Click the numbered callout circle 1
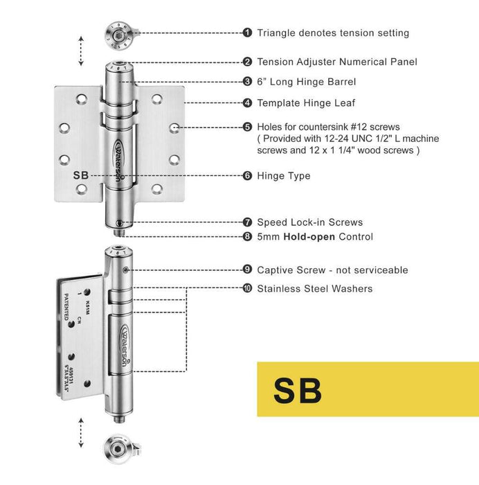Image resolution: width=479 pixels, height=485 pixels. click(247, 33)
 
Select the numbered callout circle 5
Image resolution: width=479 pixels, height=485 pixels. click(247, 127)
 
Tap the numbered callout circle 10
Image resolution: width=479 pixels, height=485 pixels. click(247, 288)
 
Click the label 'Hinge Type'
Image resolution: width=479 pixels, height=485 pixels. click(284, 176)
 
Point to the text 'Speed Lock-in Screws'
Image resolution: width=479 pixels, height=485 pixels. click(309, 222)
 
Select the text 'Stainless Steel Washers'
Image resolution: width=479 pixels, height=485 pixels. click(315, 288)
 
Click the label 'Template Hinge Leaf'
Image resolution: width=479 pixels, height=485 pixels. click(306, 103)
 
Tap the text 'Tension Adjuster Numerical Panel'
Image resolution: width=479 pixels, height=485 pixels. click(337, 62)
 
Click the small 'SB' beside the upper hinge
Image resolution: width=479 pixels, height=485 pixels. click(81, 176)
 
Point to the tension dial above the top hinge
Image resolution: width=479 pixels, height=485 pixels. click(118, 33)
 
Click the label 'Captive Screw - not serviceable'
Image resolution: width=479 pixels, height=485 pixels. click(332, 270)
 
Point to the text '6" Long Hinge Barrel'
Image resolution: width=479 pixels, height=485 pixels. click(307, 82)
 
